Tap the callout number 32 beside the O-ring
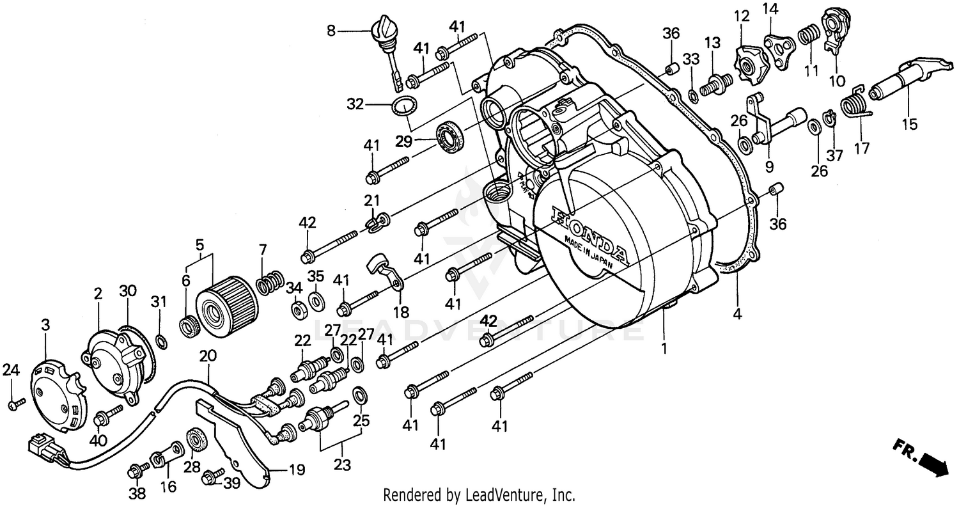(x=355, y=104)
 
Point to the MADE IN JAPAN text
(x=588, y=253)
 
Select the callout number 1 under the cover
(x=664, y=349)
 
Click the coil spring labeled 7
(x=270, y=281)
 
